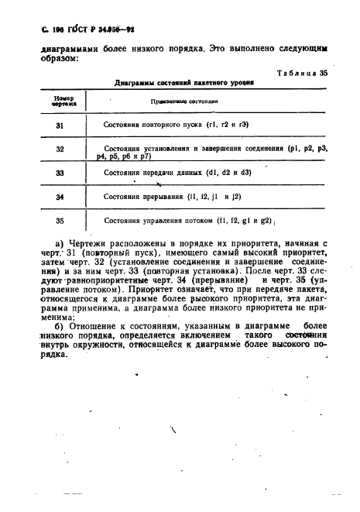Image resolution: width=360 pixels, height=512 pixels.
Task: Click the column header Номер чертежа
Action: point(63,100)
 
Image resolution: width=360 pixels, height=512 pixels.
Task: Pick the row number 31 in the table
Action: point(61,125)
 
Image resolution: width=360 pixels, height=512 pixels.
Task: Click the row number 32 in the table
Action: point(60,149)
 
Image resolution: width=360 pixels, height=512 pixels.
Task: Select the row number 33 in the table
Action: point(60,174)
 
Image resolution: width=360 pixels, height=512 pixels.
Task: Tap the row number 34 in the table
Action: point(60,197)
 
